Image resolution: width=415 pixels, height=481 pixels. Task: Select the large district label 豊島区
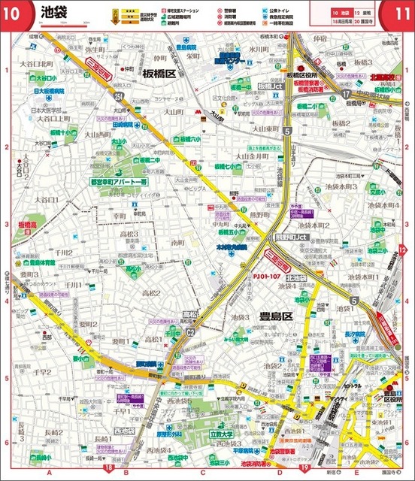point(274,317)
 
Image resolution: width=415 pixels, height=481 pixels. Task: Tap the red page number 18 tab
point(110,469)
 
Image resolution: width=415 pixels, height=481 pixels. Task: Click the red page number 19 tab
point(304,469)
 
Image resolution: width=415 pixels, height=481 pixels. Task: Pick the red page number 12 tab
point(403,250)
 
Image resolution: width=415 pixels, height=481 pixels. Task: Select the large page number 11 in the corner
point(397,13)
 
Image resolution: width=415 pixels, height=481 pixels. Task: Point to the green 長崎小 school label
point(43,457)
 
